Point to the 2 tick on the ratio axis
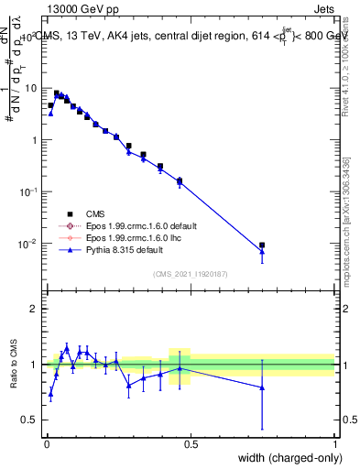pyautogui.click(x=34, y=309)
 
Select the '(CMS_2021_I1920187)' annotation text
pyautogui.click(x=191, y=274)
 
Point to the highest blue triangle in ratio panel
pyautogui.click(x=67, y=348)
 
